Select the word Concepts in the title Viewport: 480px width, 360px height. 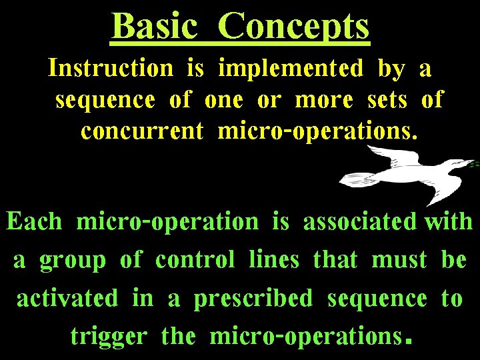(293, 27)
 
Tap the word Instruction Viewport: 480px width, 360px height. (110, 67)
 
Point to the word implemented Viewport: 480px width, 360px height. (291, 69)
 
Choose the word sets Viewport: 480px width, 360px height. (387, 99)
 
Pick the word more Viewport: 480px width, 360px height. (323, 99)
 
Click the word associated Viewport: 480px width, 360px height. (361, 221)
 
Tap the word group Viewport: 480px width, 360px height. (73, 261)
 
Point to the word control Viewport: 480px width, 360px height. (195, 259)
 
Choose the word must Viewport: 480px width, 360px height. (399, 259)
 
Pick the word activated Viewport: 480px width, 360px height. (67, 298)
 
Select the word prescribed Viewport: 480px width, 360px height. (253, 299)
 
